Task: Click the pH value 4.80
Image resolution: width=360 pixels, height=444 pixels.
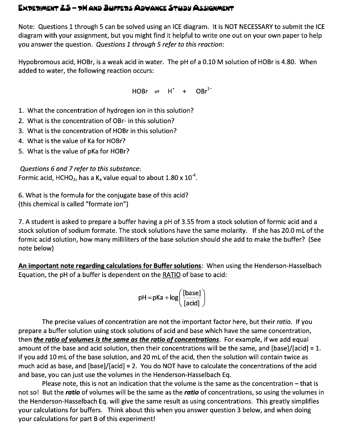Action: [287, 62]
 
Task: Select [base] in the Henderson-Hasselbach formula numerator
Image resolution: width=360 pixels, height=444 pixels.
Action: [191, 293]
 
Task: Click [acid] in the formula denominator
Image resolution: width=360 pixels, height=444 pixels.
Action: [191, 303]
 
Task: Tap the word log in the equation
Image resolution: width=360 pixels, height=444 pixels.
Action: [174, 297]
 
